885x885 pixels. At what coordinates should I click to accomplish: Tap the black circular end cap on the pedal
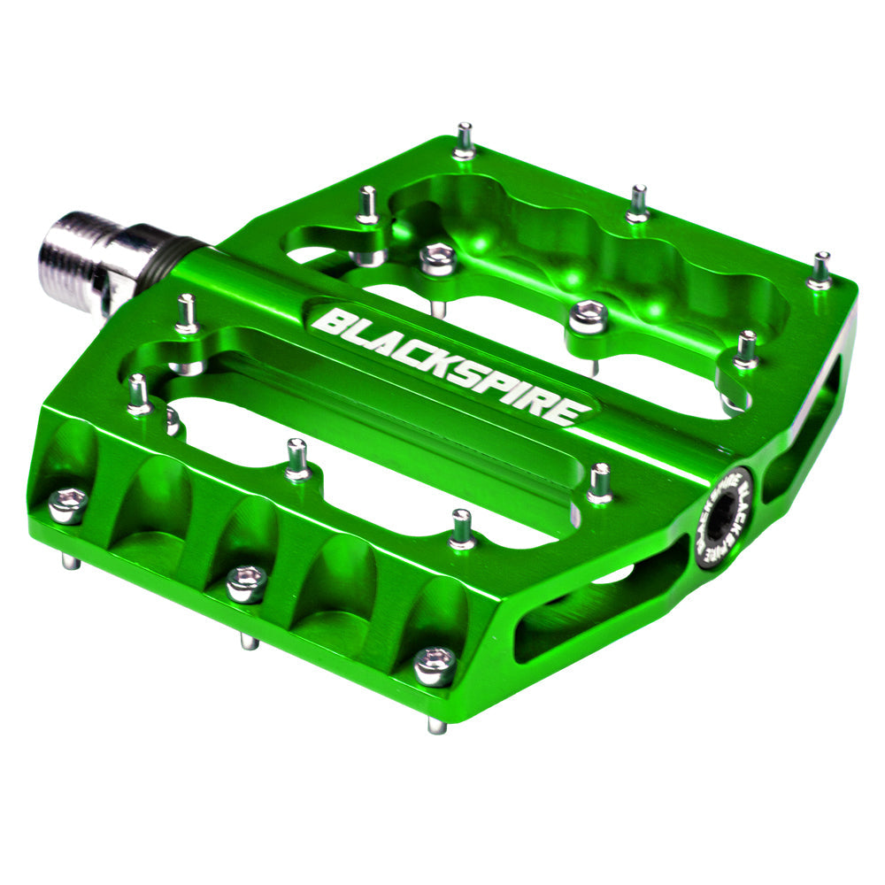(722, 518)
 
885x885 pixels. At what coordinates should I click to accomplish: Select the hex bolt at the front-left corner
(67, 505)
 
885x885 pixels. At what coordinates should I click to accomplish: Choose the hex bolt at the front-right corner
(435, 666)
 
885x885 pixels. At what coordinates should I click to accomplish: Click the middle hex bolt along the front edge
(246, 583)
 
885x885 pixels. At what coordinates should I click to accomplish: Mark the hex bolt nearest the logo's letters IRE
(588, 317)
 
